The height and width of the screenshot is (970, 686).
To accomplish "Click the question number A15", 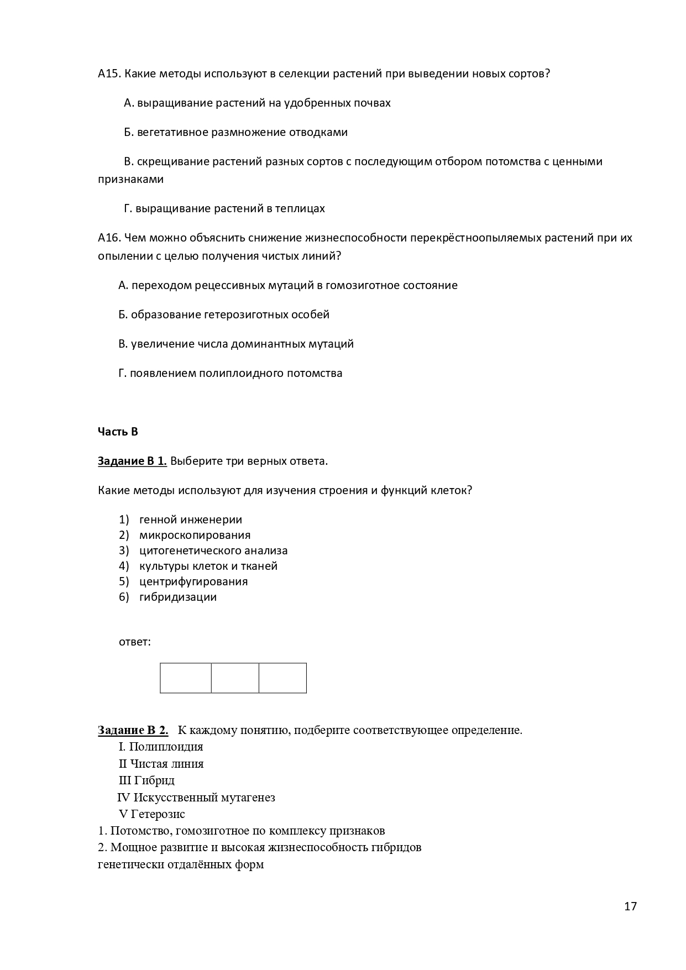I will [x=109, y=74].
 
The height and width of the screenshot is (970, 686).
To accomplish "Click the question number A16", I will [x=109, y=238].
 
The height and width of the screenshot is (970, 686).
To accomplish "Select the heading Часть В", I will [x=118, y=432].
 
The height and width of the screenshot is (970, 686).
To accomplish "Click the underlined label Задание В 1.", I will [x=132, y=461].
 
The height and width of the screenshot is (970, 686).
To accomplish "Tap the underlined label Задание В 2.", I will [x=133, y=730].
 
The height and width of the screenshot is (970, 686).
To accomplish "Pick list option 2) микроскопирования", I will [x=195, y=535].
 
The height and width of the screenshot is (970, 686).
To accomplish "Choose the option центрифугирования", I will [x=193, y=581].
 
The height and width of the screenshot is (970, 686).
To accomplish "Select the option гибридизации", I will [x=178, y=597].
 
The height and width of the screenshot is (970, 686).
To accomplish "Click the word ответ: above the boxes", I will [x=135, y=642].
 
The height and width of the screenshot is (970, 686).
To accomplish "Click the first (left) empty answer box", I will [x=186, y=678].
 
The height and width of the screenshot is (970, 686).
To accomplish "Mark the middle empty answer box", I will [x=235, y=678].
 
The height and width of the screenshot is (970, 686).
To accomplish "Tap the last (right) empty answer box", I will [x=282, y=678].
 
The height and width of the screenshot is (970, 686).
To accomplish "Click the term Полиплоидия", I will [x=166, y=747].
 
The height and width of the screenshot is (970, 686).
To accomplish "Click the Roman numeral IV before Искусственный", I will [x=124, y=798].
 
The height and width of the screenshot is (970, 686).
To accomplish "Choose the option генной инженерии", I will [x=191, y=520].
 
